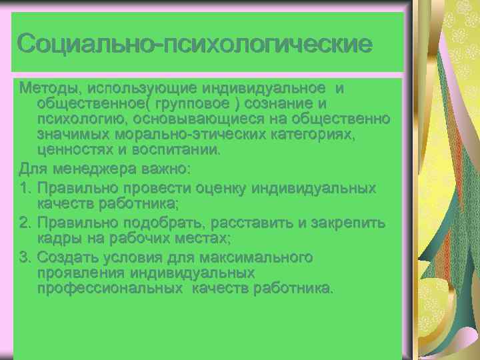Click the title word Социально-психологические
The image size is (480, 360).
coord(194,44)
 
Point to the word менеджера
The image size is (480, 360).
coord(87,167)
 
